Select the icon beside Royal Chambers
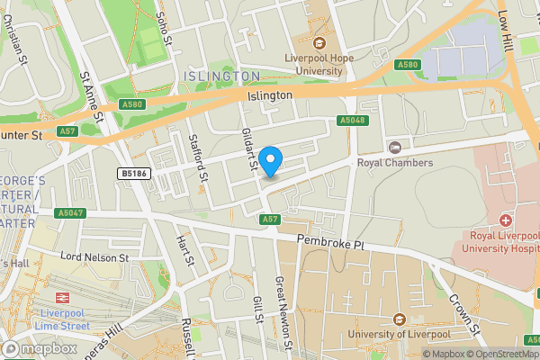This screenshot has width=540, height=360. [394, 147]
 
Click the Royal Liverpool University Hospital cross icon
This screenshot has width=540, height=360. [506, 220]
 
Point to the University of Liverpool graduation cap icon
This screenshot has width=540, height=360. [399, 319]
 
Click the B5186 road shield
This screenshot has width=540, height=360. [133, 173]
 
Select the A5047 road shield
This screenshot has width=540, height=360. [69, 213]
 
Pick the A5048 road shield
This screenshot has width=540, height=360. [352, 120]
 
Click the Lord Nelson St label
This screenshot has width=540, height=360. [94, 257]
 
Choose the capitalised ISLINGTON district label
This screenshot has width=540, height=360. [221, 76]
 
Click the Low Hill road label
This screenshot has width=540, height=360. [506, 31]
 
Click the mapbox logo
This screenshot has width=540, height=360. [39, 348]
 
